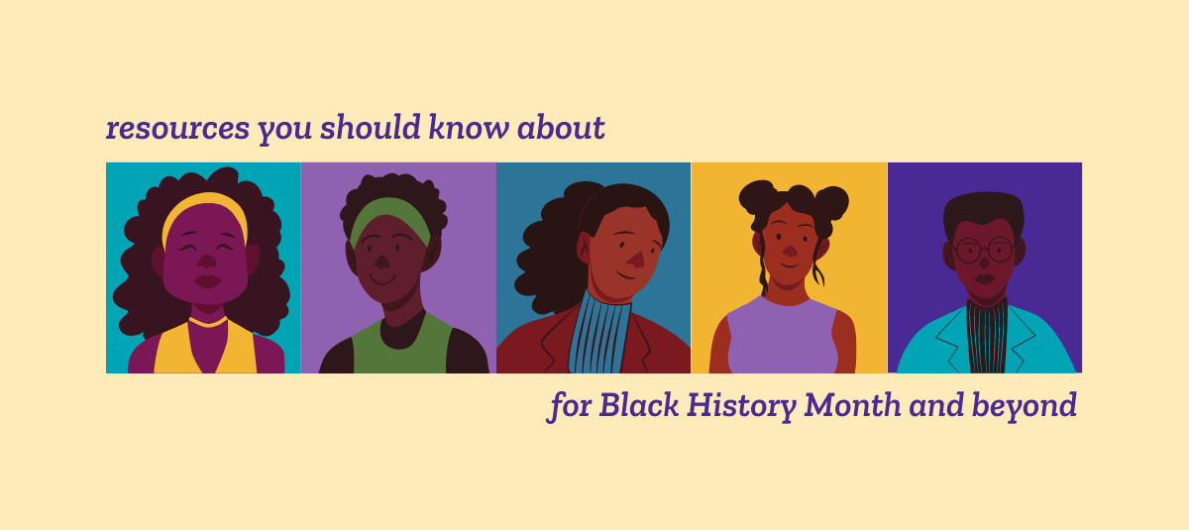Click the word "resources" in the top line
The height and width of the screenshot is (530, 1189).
pyautogui.click(x=177, y=129)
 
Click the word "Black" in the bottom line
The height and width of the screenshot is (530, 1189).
pyautogui.click(x=639, y=405)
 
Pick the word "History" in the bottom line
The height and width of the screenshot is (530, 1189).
pyautogui.click(x=742, y=406)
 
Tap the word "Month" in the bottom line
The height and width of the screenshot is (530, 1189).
pyautogui.click(x=852, y=405)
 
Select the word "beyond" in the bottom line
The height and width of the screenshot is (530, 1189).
pyautogui.click(x=1024, y=406)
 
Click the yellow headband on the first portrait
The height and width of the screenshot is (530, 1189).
pyautogui.click(x=205, y=203)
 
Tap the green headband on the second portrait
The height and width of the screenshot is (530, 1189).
pyautogui.click(x=389, y=210)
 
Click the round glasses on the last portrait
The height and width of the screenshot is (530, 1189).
pyautogui.click(x=985, y=250)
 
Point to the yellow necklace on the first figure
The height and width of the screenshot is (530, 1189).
pyautogui.click(x=207, y=323)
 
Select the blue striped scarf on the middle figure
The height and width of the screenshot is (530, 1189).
pyautogui.click(x=599, y=333)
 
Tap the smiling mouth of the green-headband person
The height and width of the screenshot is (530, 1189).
pyautogui.click(x=382, y=279)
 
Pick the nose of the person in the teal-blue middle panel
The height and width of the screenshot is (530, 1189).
pyautogui.click(x=636, y=259)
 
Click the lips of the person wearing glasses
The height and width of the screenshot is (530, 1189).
pyautogui.click(x=984, y=278)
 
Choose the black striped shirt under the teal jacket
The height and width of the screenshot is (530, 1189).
pyautogui.click(x=987, y=338)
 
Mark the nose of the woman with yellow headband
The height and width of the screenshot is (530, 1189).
pyautogui.click(x=206, y=261)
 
